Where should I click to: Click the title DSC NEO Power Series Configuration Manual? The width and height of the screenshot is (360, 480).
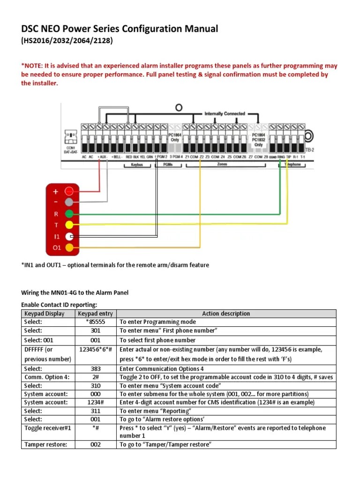(x=120, y=29)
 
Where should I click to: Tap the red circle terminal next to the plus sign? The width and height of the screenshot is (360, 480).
(x=69, y=191)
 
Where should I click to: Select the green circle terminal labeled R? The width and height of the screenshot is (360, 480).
(x=69, y=214)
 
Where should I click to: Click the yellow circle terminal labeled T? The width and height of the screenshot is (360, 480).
(x=69, y=225)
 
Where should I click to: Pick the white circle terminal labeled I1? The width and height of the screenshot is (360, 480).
(x=69, y=236)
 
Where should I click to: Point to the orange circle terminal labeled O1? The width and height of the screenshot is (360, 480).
(x=69, y=247)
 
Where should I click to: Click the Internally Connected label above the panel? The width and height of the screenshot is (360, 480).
(x=225, y=113)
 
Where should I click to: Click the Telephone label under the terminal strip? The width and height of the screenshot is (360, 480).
(x=293, y=165)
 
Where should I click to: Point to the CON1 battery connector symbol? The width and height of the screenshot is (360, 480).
(x=71, y=137)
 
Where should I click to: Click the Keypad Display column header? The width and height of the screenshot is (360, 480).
(x=44, y=314)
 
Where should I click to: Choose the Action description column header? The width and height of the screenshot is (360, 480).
(x=226, y=314)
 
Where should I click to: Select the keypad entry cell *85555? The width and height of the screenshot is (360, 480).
(x=96, y=322)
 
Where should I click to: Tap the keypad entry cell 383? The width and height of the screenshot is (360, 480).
(x=96, y=369)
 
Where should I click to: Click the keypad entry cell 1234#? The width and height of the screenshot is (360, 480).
(x=96, y=403)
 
